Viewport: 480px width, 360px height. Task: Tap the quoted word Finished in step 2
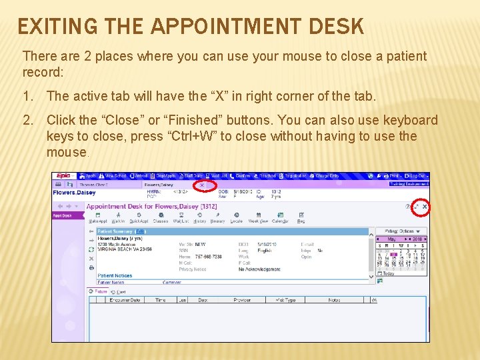[x=189, y=121]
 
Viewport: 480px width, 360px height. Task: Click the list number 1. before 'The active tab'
[x=28, y=97]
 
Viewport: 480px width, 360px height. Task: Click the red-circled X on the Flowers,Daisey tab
[x=203, y=185]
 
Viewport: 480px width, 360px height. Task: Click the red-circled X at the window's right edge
[x=425, y=207]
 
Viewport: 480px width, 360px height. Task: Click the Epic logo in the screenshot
[x=63, y=176]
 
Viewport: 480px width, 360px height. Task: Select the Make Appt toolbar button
[x=98, y=218]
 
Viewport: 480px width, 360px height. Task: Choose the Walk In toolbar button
[x=118, y=218]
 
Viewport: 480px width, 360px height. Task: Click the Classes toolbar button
[x=160, y=218]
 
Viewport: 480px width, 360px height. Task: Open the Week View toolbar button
[x=258, y=218]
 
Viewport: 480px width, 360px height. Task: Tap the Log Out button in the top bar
[x=418, y=176]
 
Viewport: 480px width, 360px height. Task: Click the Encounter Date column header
[x=126, y=300]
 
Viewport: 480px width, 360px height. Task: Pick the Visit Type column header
[x=285, y=300]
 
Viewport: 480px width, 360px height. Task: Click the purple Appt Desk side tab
[x=62, y=215]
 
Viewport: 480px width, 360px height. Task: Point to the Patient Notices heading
[x=115, y=275]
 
